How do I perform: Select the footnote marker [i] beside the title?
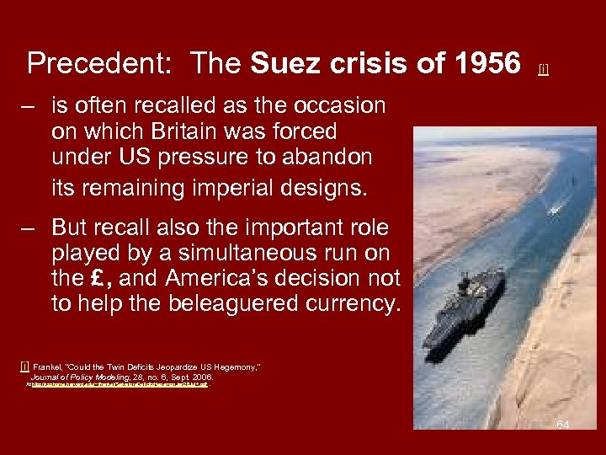[x=543, y=68]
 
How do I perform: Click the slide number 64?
[x=562, y=425]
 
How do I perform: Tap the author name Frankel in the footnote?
[x=47, y=367]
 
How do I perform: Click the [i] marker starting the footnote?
[x=24, y=367]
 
